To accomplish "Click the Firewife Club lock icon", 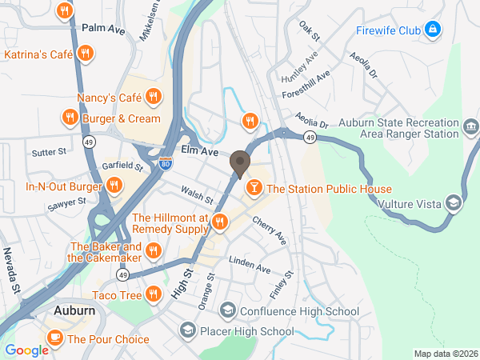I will [433, 30].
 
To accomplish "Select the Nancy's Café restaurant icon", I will [155, 98].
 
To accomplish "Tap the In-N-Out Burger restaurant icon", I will [114, 186].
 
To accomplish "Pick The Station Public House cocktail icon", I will [253, 189].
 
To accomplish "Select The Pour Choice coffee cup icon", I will [55, 338].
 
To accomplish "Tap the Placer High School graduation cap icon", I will [187, 329].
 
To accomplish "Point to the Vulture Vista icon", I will [454, 203].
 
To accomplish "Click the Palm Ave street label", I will [104, 29].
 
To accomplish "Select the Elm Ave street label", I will [199, 150].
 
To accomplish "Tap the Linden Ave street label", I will [250, 265].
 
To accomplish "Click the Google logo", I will [26, 350].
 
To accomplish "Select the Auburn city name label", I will [76, 309].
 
